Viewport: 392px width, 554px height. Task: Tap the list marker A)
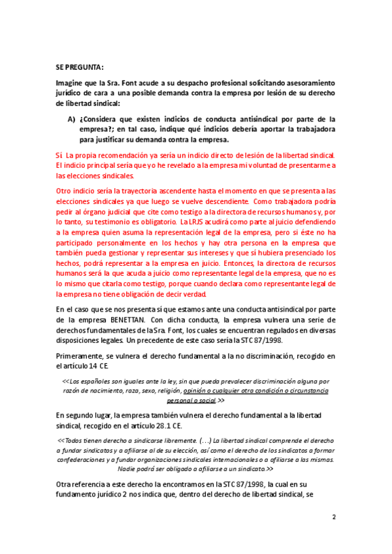click(x=73, y=120)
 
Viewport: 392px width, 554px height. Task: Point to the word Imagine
click(x=73, y=84)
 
